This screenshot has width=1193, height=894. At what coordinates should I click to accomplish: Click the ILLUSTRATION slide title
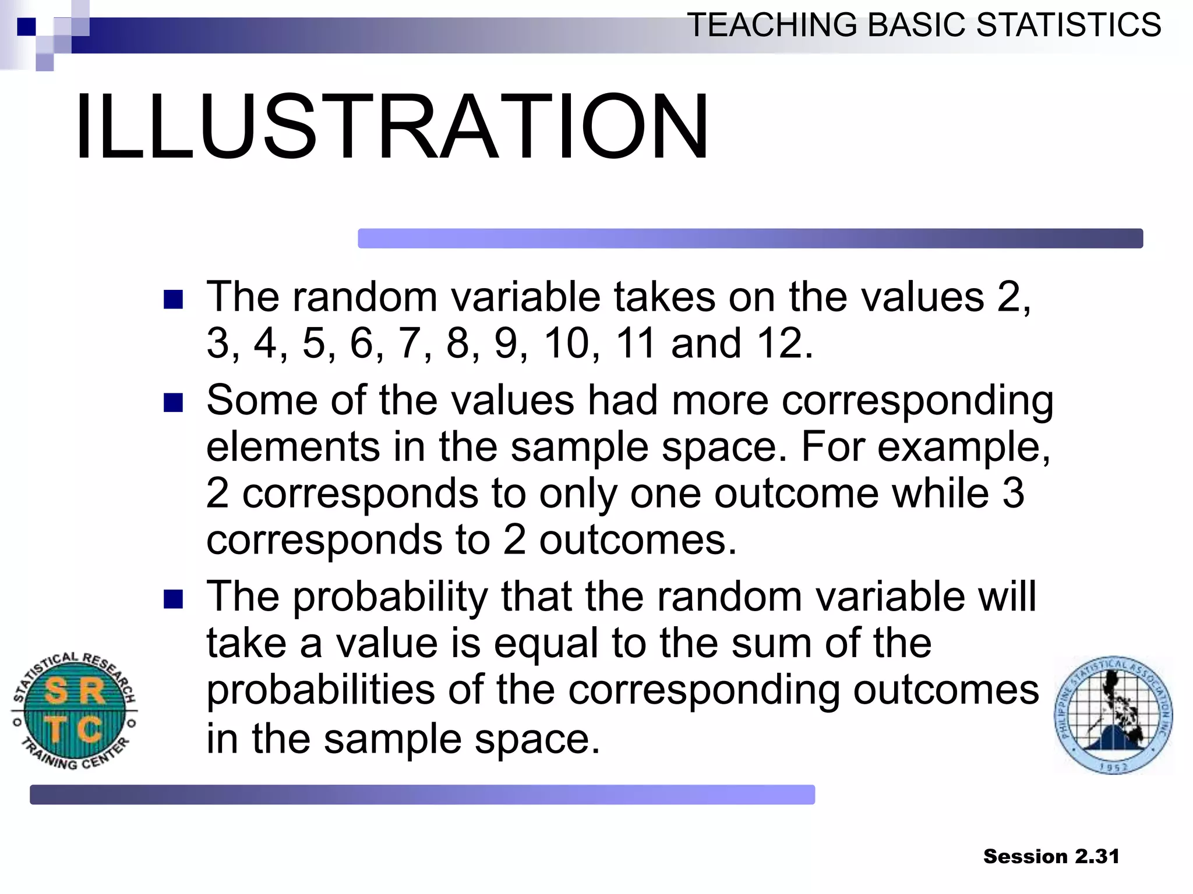click(x=391, y=126)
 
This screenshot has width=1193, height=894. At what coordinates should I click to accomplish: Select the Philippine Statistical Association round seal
click(x=1113, y=715)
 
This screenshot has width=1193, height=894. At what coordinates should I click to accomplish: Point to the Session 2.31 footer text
click(x=1051, y=856)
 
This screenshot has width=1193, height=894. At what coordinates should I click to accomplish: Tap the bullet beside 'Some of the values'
click(x=173, y=403)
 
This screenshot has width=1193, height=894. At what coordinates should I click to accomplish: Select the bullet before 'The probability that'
click(x=173, y=599)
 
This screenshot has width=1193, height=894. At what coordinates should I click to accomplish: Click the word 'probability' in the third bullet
click(x=390, y=598)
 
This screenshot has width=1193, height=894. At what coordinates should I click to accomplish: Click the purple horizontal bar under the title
click(x=750, y=239)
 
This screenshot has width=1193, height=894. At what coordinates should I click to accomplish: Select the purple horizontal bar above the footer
click(x=422, y=794)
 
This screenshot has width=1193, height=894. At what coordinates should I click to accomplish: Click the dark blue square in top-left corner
click(x=26, y=27)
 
